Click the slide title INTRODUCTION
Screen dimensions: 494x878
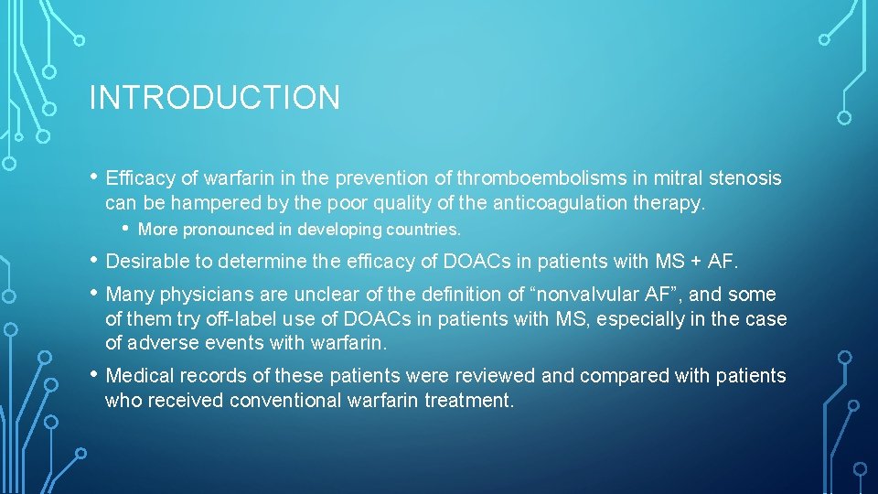click(x=214, y=98)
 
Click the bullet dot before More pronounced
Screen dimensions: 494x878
click(x=126, y=229)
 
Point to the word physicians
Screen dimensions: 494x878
click(x=206, y=295)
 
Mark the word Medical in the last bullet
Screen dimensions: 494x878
click(x=140, y=376)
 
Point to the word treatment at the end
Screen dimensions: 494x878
click(x=469, y=400)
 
